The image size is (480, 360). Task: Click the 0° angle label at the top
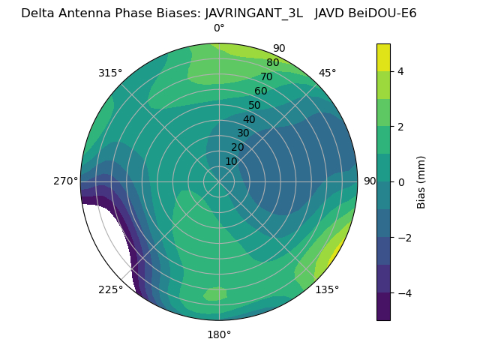click(x=219, y=28)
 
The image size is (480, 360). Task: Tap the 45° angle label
click(x=327, y=73)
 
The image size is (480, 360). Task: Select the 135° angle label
click(x=327, y=289)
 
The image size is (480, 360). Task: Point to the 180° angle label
click(x=219, y=334)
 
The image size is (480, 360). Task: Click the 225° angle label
click(x=110, y=289)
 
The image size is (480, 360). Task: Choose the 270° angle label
click(x=65, y=181)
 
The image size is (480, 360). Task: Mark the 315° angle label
click(x=110, y=73)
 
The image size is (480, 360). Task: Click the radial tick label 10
click(x=231, y=161)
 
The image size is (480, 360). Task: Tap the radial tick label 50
click(x=254, y=105)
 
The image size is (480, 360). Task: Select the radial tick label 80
click(x=272, y=63)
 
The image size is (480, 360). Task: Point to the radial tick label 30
click(x=243, y=133)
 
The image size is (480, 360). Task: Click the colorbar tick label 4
click(x=400, y=71)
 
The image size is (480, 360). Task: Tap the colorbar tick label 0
click(x=400, y=181)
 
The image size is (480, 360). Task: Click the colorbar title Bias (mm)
click(x=421, y=181)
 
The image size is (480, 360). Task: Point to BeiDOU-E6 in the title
click(x=382, y=13)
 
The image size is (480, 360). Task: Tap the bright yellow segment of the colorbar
click(x=383, y=57)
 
